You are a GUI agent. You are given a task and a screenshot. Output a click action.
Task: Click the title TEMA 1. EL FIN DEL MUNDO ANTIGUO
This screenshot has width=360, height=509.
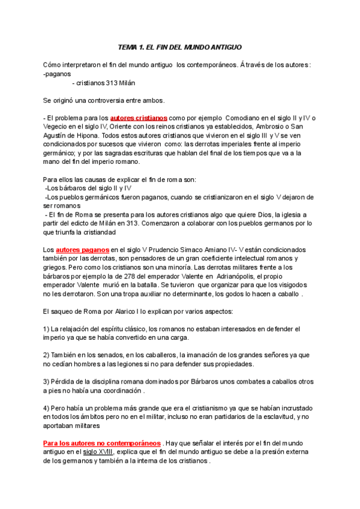click(179, 47)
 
